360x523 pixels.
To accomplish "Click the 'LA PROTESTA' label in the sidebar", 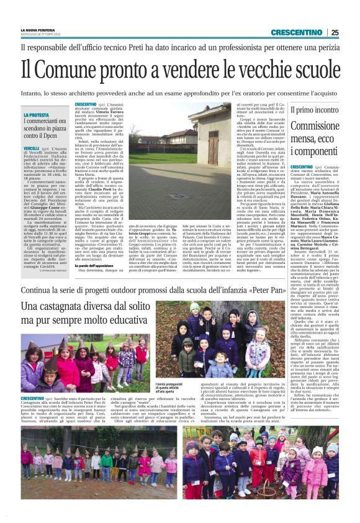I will coord(37,116).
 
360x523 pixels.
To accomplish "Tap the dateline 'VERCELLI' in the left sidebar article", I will coord(32,148).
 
